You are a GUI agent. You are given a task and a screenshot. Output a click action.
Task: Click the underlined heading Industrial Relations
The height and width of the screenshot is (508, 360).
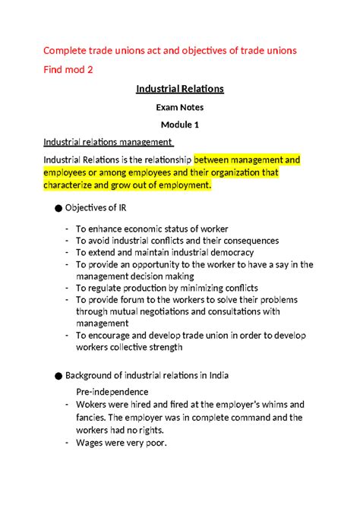(180, 89)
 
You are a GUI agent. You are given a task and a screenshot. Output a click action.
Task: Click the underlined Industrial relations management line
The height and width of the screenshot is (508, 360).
(108, 141)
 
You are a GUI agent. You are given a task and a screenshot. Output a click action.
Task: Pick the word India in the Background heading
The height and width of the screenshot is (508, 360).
(217, 376)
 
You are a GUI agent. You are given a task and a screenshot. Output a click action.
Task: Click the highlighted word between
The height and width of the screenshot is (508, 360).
(216, 160)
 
